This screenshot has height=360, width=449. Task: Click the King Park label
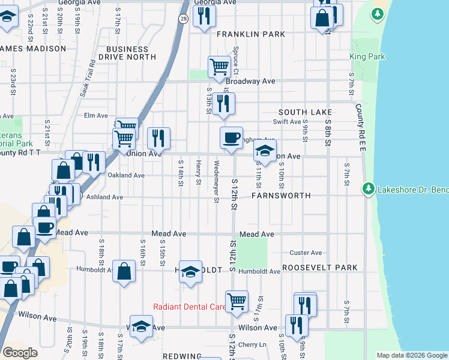click(367, 56)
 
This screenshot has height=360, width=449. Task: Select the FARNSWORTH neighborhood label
click(281, 196)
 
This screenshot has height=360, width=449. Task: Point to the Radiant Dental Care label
click(189, 307)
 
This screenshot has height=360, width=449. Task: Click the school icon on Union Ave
click(265, 151)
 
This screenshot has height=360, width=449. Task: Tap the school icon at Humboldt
click(190, 272)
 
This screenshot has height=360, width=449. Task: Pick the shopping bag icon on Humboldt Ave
click(123, 272)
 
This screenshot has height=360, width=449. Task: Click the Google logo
click(20, 353)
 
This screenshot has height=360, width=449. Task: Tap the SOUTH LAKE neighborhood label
click(305, 112)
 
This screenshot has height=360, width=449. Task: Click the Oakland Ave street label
click(126, 176)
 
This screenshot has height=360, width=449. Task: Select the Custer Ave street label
click(306, 253)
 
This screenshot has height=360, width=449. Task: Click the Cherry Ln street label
click(252, 344)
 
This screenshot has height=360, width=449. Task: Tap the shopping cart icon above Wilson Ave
click(237, 301)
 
